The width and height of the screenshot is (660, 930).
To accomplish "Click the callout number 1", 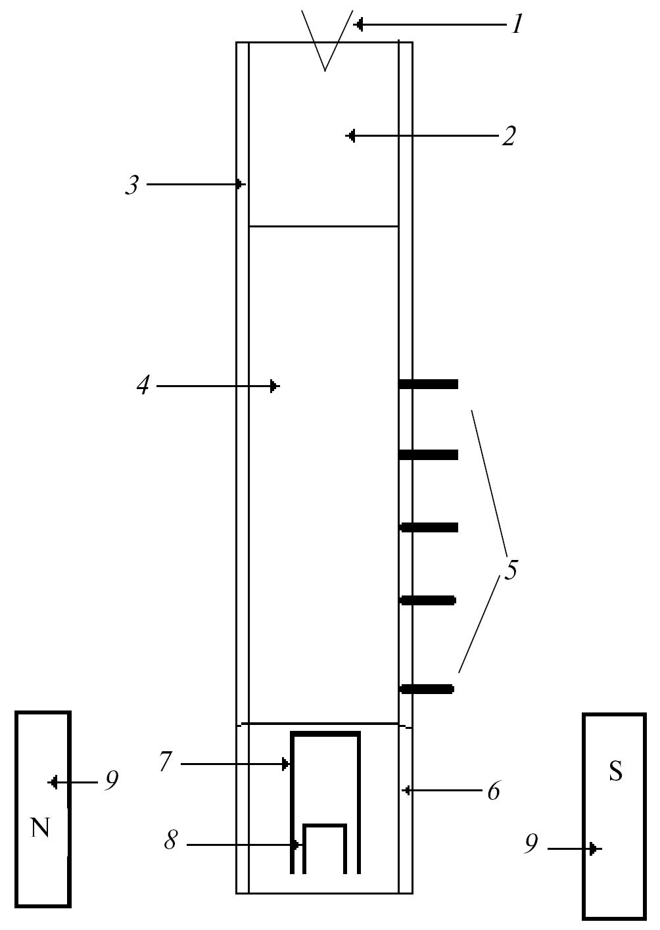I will click(x=517, y=25).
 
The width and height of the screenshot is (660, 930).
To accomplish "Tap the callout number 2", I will click(x=509, y=136).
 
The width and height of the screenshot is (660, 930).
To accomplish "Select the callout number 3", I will click(x=132, y=185).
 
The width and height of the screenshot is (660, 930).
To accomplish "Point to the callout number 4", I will click(x=143, y=386).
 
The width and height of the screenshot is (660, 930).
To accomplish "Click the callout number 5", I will click(x=511, y=569).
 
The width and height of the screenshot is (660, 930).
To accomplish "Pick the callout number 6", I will click(x=493, y=791).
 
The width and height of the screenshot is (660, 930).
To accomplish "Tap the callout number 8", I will click(x=170, y=841).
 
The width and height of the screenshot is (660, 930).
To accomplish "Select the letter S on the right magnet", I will click(x=615, y=772).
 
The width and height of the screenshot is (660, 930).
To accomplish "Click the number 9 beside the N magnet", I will click(x=111, y=781).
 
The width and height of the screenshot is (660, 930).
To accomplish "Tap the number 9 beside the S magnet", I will click(x=531, y=845).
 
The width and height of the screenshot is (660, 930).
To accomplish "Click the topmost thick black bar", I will click(x=429, y=384).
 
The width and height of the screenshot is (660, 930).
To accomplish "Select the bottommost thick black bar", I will click(x=427, y=689).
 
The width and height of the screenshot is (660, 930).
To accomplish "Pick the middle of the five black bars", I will click(x=429, y=527).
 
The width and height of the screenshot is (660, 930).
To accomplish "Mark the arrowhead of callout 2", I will click(x=350, y=136).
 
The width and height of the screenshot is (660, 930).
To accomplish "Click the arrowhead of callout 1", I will click(x=358, y=25).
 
